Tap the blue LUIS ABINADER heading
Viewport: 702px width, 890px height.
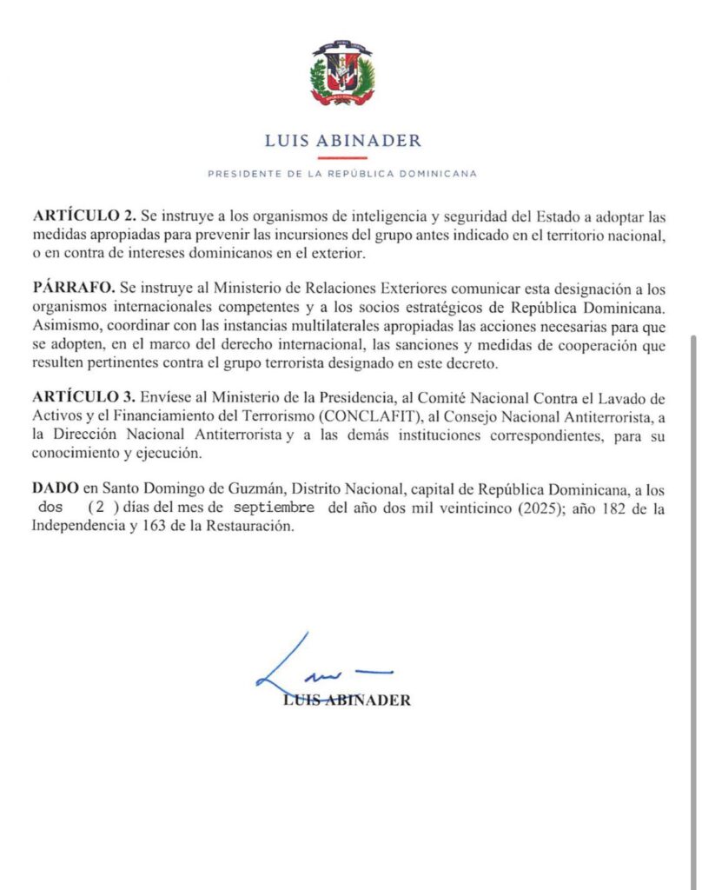(x=341, y=141)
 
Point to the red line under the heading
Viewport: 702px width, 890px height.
(x=341, y=157)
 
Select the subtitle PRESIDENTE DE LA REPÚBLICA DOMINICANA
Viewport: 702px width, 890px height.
(x=341, y=174)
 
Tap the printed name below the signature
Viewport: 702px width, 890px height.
(x=348, y=701)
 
